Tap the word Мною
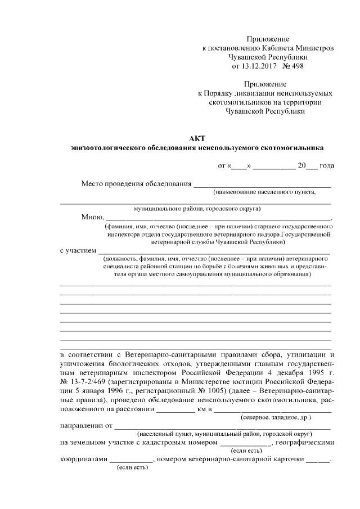click(92, 218)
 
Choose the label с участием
click(78, 251)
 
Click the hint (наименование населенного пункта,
click(264, 192)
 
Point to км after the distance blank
click(202, 409)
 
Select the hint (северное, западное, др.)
click(276, 418)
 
